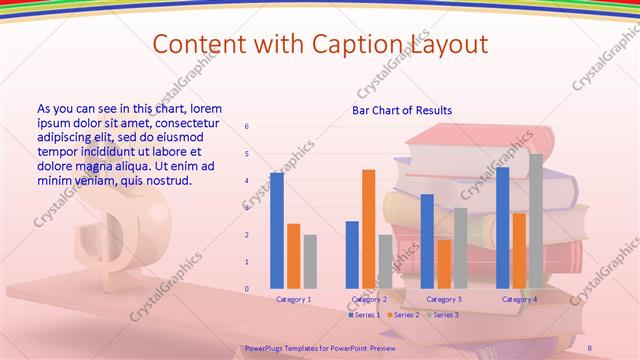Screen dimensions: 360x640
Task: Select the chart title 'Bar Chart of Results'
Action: pyautogui.click(x=402, y=110)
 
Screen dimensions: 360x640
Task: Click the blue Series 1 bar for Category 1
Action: pyautogui.click(x=277, y=230)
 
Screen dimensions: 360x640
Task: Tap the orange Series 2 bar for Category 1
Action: pyautogui.click(x=293, y=256)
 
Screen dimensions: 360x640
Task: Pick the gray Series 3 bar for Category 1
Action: pyautogui.click(x=310, y=261)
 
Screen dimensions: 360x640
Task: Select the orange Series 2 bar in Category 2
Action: pyautogui.click(x=368, y=229)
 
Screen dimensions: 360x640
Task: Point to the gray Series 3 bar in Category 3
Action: pyautogui.click(x=460, y=248)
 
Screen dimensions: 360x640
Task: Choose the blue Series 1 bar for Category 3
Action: pyautogui.click(x=427, y=241)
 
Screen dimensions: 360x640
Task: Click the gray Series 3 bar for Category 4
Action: pyautogui.click(x=536, y=221)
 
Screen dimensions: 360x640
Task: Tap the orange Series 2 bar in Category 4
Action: pyautogui.click(x=519, y=250)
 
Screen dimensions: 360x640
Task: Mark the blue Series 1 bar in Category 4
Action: pyautogui.click(x=502, y=228)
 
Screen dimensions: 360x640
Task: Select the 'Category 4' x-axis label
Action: pyautogui.click(x=519, y=299)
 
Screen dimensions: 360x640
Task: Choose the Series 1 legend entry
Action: pyautogui.click(x=365, y=315)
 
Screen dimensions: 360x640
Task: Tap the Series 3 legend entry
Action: pyautogui.click(x=444, y=315)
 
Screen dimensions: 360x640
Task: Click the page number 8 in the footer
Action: pyautogui.click(x=589, y=347)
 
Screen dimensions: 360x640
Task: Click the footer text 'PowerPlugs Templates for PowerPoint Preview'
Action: pyautogui.click(x=320, y=347)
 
